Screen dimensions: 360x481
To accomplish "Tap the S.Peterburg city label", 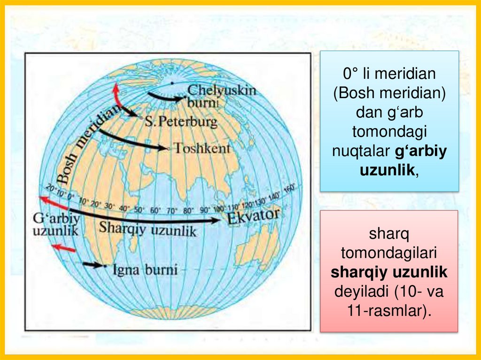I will click(181, 122).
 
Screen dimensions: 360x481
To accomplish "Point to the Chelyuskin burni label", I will click(221, 95).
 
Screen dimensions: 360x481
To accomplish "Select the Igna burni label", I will click(145, 270).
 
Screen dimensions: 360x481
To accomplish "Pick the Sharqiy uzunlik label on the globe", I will click(147, 229).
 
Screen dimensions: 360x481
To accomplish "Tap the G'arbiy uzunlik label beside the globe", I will click(55, 224).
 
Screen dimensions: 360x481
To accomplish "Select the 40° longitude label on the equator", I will click(125, 208).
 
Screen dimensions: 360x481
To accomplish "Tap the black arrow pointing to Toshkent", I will click(132, 142).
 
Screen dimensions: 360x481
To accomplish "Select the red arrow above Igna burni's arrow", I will click(63, 247).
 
